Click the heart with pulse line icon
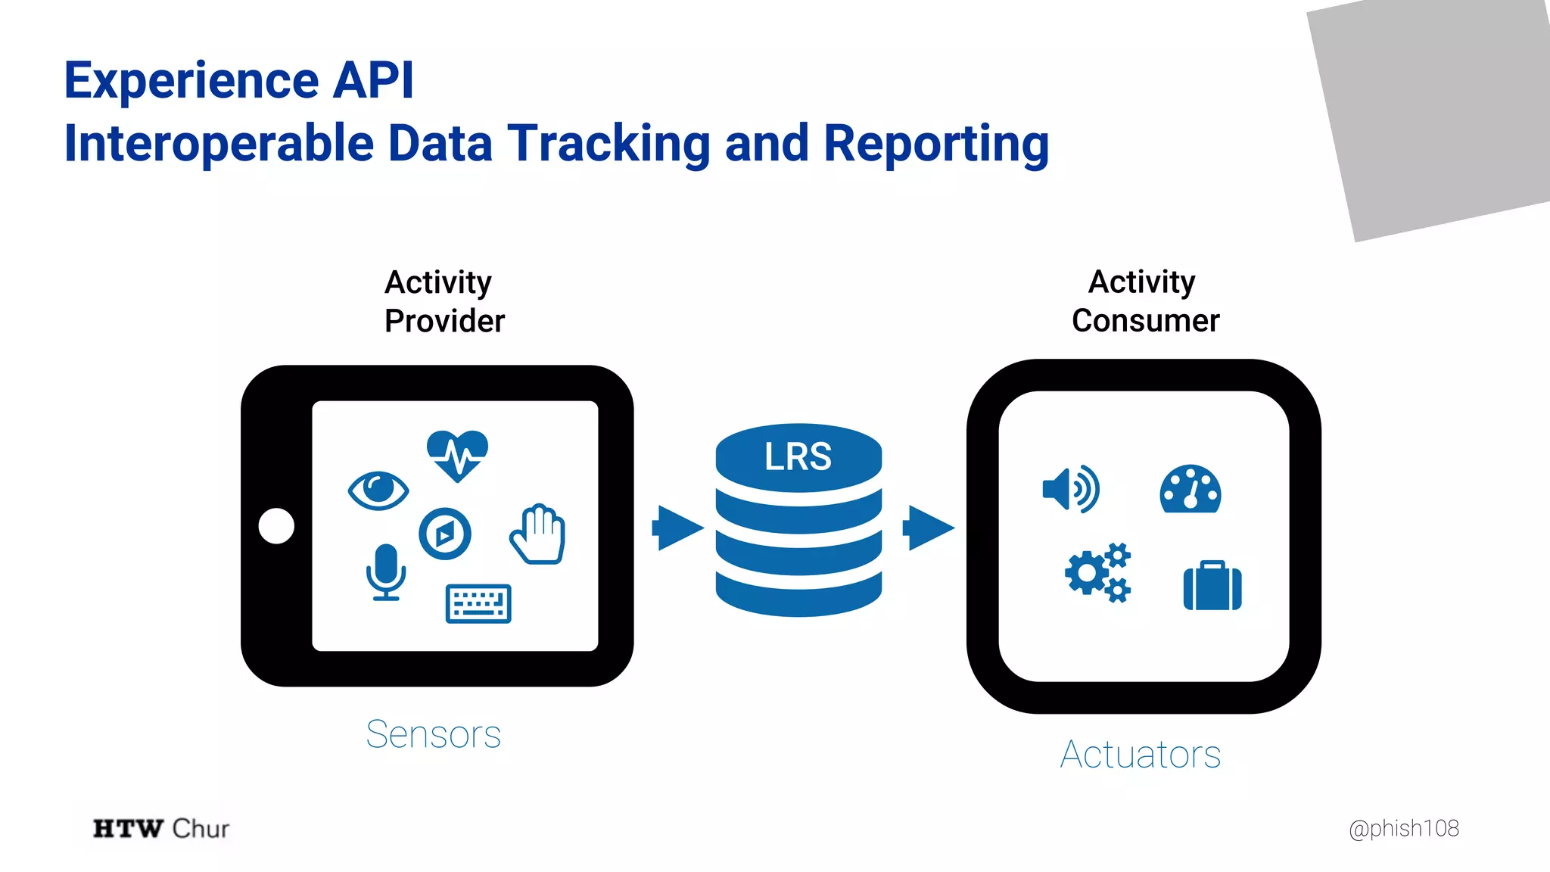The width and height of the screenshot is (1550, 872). point(457,455)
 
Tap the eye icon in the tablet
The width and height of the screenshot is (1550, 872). point(378,490)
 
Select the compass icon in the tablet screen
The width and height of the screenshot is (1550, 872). point(445,534)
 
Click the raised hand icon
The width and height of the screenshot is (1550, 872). point(538,534)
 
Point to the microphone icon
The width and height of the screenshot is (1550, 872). point(386,571)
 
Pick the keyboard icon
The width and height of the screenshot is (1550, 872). point(478,603)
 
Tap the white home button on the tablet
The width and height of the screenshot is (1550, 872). point(276,526)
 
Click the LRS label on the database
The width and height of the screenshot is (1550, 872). point(798,457)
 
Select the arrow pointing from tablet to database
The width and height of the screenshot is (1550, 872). point(677,528)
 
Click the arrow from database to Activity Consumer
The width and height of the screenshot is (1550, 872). point(928,528)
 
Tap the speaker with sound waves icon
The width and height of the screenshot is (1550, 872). point(1071,490)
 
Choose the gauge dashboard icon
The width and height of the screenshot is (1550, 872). point(1190,490)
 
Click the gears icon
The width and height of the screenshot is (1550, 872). point(1097,572)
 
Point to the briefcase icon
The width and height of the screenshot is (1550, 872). point(1212,585)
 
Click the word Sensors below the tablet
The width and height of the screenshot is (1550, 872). point(433,734)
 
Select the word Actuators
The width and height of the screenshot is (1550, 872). point(1141,755)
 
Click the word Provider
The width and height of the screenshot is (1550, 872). point(444,321)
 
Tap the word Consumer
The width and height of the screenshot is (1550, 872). point(1145,321)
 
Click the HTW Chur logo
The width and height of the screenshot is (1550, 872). point(160,828)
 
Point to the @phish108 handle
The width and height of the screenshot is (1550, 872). point(1403,828)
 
